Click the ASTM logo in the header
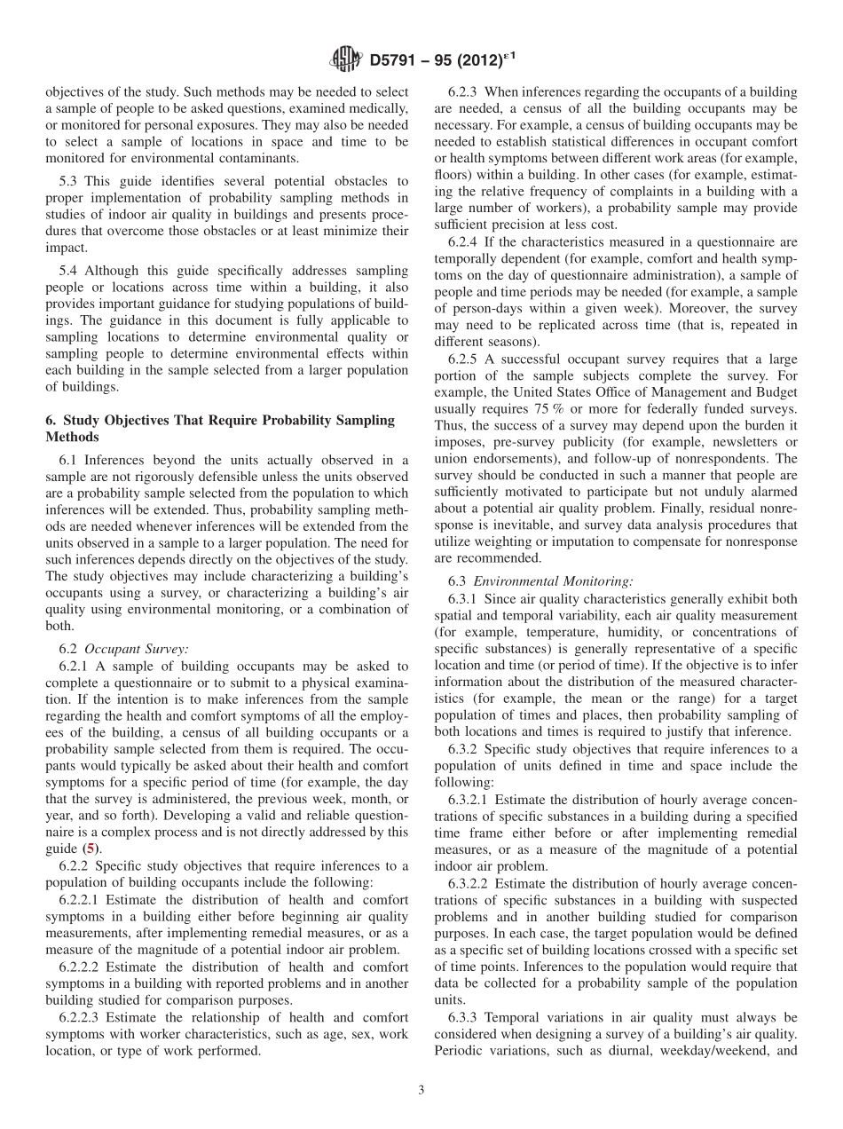(344, 60)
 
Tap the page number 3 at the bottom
(421, 1090)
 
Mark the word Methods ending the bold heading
(70, 437)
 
